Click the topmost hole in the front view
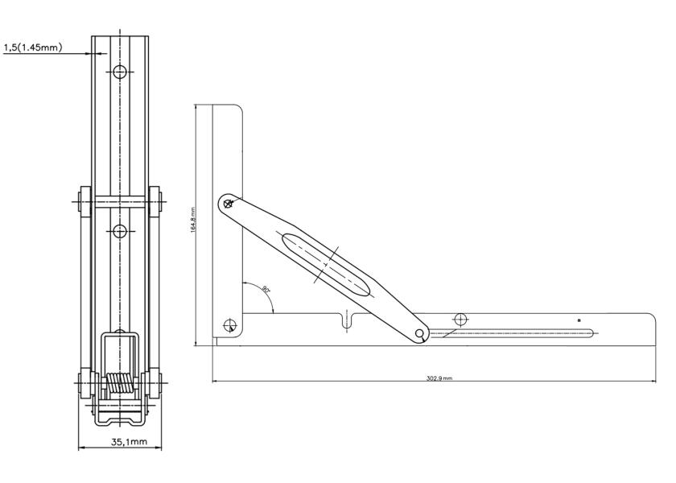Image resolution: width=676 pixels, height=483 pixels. point(120,72)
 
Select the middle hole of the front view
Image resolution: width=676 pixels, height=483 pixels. point(120,232)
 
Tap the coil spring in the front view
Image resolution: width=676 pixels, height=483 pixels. point(120,385)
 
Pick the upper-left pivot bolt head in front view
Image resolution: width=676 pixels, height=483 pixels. point(83,202)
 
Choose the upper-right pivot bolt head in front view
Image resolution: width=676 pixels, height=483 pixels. point(156,202)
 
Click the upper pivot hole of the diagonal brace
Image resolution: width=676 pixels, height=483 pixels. point(229,203)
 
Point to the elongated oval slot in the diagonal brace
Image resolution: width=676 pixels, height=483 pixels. point(326,266)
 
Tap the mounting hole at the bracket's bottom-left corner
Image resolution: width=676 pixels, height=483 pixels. point(230,325)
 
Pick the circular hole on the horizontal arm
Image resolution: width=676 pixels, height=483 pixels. point(460,319)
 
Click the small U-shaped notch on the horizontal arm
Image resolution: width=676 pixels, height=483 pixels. point(347,321)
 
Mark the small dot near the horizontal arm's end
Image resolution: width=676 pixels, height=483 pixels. point(579,320)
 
